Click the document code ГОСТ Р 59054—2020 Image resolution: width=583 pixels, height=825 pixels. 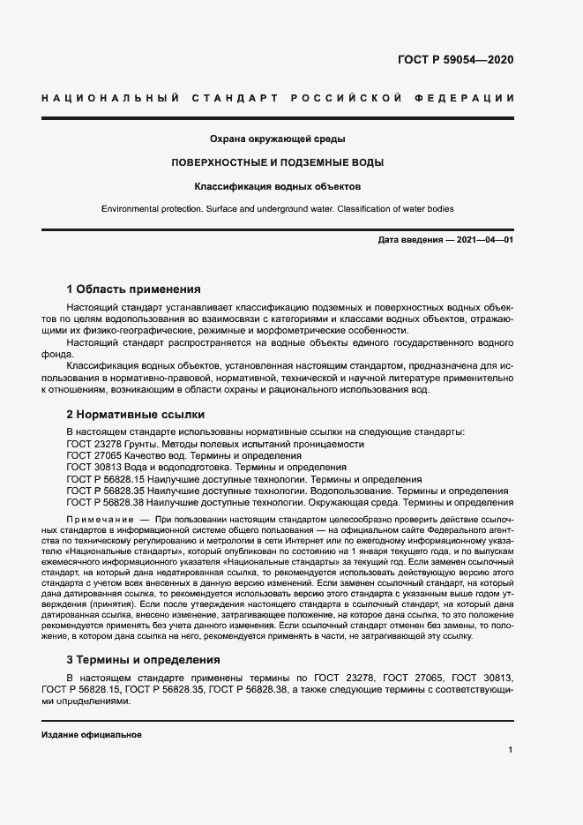[450, 60]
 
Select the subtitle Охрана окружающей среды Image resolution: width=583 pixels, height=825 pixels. [277, 139]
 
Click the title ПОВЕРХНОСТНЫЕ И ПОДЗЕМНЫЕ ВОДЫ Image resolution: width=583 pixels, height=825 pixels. [277, 163]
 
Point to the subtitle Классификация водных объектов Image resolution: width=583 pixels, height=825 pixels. [277, 187]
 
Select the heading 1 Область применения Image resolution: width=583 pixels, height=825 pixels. [134, 289]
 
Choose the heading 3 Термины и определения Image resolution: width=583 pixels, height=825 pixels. [146, 660]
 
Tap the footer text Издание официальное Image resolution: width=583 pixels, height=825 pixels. [92, 735]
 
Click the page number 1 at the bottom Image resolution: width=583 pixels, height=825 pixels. [511, 750]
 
